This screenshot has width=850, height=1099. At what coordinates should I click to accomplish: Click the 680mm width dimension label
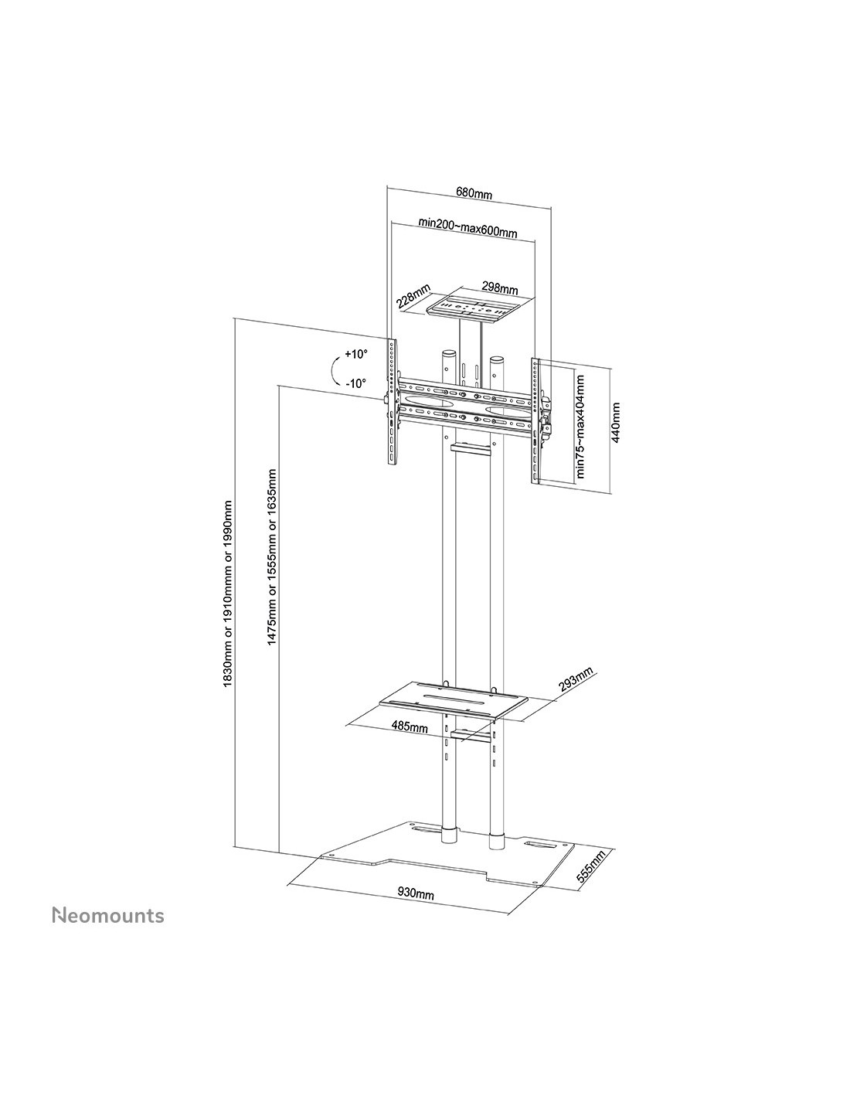473,192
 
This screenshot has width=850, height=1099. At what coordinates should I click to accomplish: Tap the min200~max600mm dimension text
467,226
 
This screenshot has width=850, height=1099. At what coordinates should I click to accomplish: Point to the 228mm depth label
413,296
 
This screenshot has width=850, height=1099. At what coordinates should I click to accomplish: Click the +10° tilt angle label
355,354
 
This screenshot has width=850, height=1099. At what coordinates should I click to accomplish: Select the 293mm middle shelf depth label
576,679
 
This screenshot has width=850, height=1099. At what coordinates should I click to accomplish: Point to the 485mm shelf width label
409,726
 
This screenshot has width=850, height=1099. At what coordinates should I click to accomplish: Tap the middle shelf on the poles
454,700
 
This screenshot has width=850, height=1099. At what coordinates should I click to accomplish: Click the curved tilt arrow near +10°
333,370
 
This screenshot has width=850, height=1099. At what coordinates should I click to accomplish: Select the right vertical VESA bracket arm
536,420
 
